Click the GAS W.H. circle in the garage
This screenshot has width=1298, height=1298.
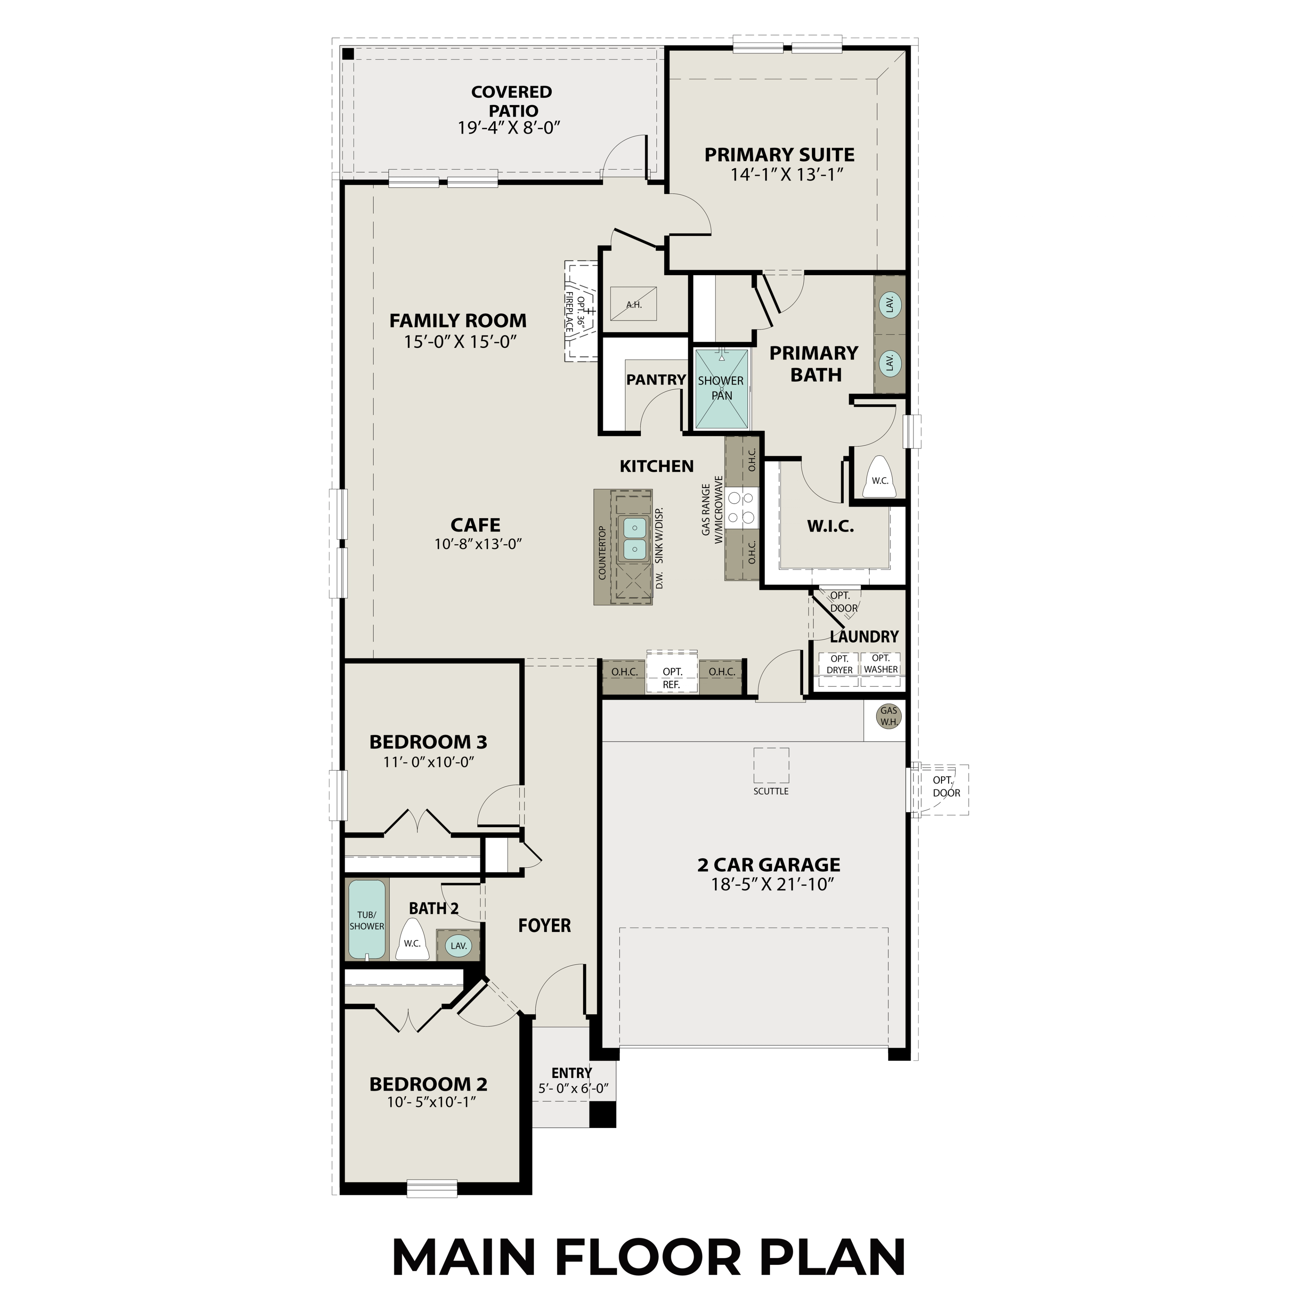[x=889, y=716]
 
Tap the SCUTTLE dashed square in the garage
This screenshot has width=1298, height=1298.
[x=771, y=765]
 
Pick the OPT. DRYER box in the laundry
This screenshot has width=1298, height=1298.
[x=839, y=665]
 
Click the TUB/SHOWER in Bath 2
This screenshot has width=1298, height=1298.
[x=367, y=920]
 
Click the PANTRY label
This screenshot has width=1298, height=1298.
[x=656, y=380]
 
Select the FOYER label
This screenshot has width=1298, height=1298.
[x=544, y=926]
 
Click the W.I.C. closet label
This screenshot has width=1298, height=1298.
[x=831, y=527]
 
